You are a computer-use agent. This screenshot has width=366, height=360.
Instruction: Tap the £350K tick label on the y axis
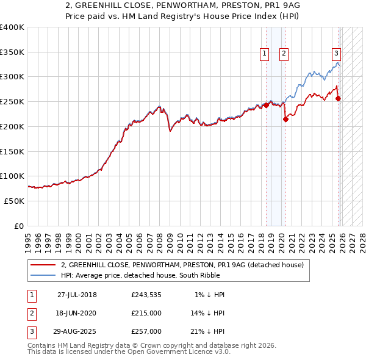12,52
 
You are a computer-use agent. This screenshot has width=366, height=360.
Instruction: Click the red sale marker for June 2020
285,120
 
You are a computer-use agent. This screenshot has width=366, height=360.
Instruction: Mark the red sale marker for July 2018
267,105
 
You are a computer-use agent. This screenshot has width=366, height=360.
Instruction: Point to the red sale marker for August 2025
339,98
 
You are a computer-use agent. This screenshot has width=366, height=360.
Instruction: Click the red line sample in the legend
43,265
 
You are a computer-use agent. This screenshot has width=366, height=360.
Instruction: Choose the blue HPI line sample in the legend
43,275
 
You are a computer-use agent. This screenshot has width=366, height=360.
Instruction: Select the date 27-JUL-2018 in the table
77,295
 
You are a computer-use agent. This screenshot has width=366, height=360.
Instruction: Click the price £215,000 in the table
146,313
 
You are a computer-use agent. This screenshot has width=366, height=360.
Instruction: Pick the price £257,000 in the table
146,331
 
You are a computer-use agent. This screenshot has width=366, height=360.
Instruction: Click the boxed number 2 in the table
31,313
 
